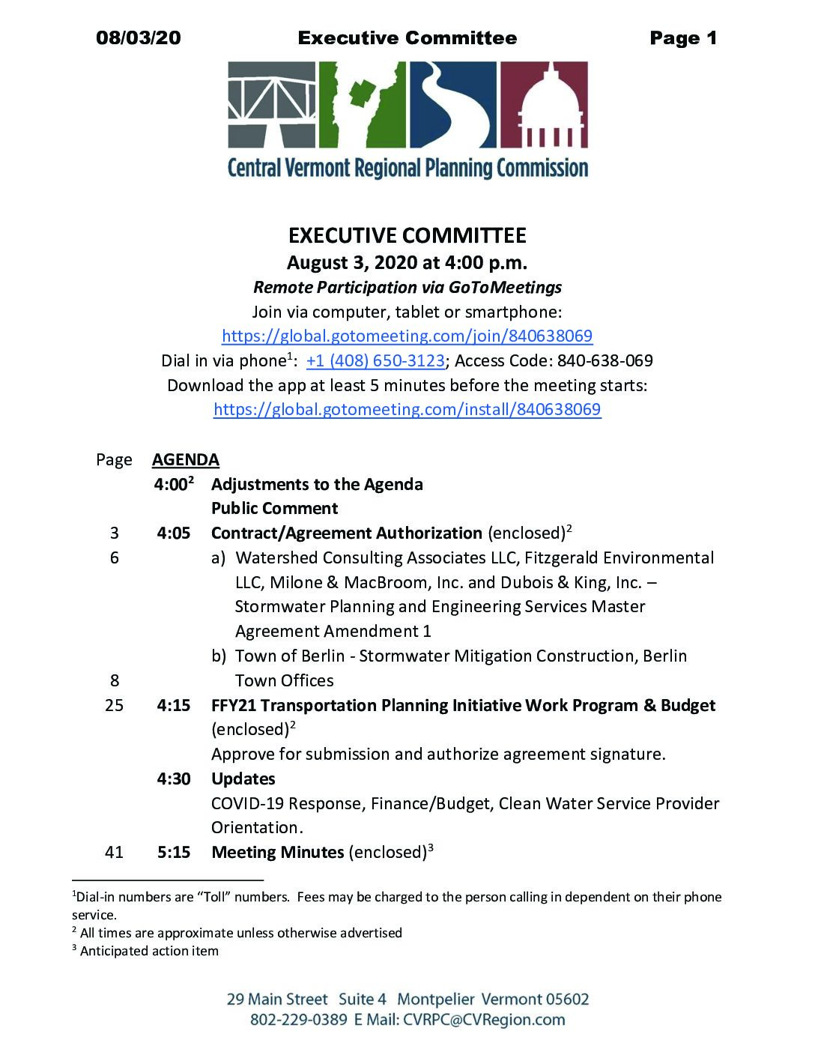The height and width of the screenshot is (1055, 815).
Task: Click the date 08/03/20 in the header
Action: click(139, 38)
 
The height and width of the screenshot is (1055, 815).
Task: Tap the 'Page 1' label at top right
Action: click(683, 38)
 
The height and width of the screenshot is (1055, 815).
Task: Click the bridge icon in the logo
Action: click(272, 105)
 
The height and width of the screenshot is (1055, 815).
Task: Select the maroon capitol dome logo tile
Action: click(544, 105)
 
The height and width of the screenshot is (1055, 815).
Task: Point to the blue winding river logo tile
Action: click(452, 105)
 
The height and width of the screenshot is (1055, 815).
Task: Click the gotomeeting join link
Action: click(407, 336)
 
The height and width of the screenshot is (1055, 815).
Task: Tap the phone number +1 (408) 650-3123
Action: click(375, 360)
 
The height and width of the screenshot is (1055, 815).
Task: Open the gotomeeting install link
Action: click(407, 409)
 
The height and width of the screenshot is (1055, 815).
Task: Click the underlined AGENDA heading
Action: click(186, 459)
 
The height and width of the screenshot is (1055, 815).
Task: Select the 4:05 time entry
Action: click(174, 533)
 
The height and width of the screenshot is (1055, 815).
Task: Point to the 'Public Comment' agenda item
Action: click(274, 508)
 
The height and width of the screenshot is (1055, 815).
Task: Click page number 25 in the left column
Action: click(114, 705)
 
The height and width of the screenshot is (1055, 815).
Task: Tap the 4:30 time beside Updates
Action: click(174, 779)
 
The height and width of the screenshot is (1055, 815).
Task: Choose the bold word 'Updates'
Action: click(243, 779)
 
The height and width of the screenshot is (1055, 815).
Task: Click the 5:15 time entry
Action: click(174, 852)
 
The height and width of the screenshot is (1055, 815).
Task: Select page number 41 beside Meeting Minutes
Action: click(114, 852)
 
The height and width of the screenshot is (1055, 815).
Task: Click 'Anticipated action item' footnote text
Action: click(149, 951)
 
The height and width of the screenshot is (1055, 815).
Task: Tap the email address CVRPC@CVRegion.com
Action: click(484, 1020)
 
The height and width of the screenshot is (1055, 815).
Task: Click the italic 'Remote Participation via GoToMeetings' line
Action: click(407, 287)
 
